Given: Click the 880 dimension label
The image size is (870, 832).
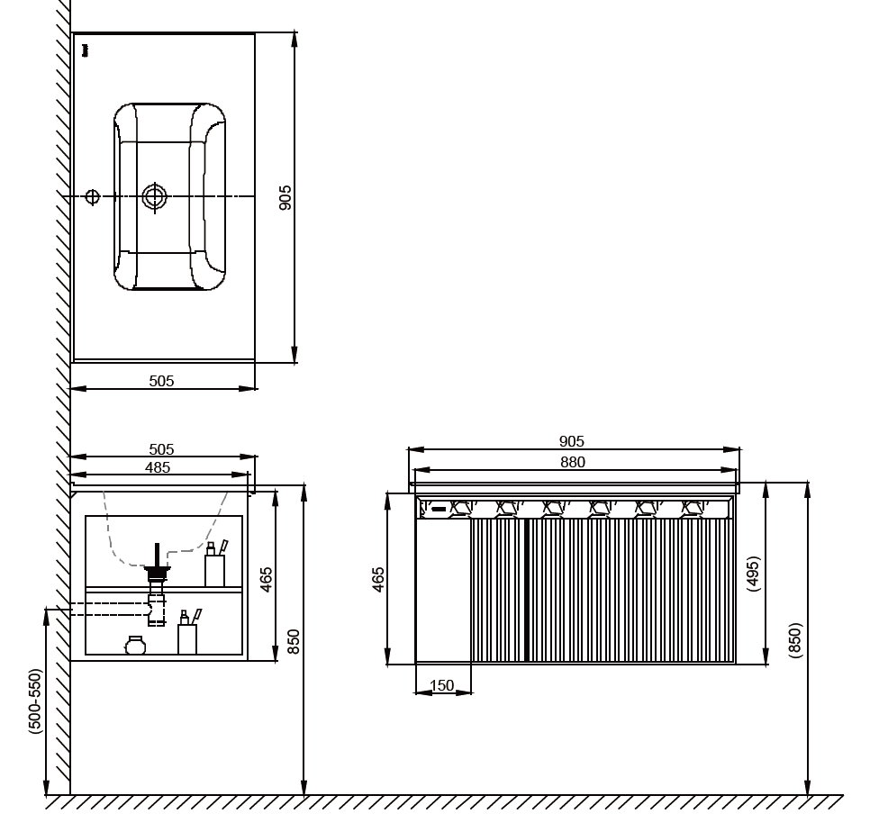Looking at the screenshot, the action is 572,462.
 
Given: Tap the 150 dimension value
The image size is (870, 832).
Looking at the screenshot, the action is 441,685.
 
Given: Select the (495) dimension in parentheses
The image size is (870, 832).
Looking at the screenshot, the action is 753,574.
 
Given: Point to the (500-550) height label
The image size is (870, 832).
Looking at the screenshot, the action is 35,701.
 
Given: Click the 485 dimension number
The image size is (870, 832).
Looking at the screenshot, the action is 157,467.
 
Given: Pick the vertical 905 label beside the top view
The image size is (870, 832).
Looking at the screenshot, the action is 285,197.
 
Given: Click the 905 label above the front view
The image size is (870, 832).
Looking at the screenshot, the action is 572,441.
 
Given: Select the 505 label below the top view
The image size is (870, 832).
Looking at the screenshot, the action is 161,381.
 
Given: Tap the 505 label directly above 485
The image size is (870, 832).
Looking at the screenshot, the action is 161,449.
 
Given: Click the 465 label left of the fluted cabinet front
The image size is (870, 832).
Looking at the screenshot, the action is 378,580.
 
